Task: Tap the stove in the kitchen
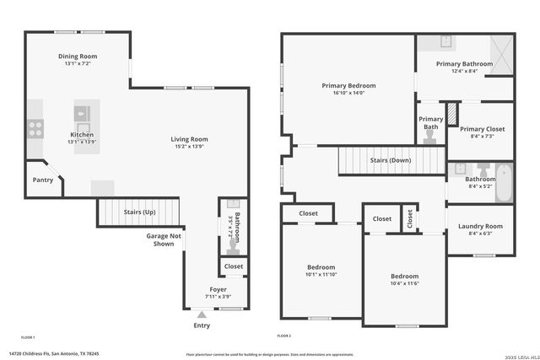(36, 128)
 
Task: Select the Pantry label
(43, 180)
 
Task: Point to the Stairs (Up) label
(139, 212)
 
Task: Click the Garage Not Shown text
(165, 239)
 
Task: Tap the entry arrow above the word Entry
(201, 314)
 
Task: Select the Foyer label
(219, 289)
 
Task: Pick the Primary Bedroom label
(348, 85)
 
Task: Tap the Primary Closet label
(482, 129)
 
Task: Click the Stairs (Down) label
(391, 160)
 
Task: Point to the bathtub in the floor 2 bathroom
(504, 183)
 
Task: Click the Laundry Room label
(480, 226)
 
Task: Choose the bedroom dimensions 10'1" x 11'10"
(321, 274)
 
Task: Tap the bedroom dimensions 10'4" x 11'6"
(404, 283)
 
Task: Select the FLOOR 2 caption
(285, 336)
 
